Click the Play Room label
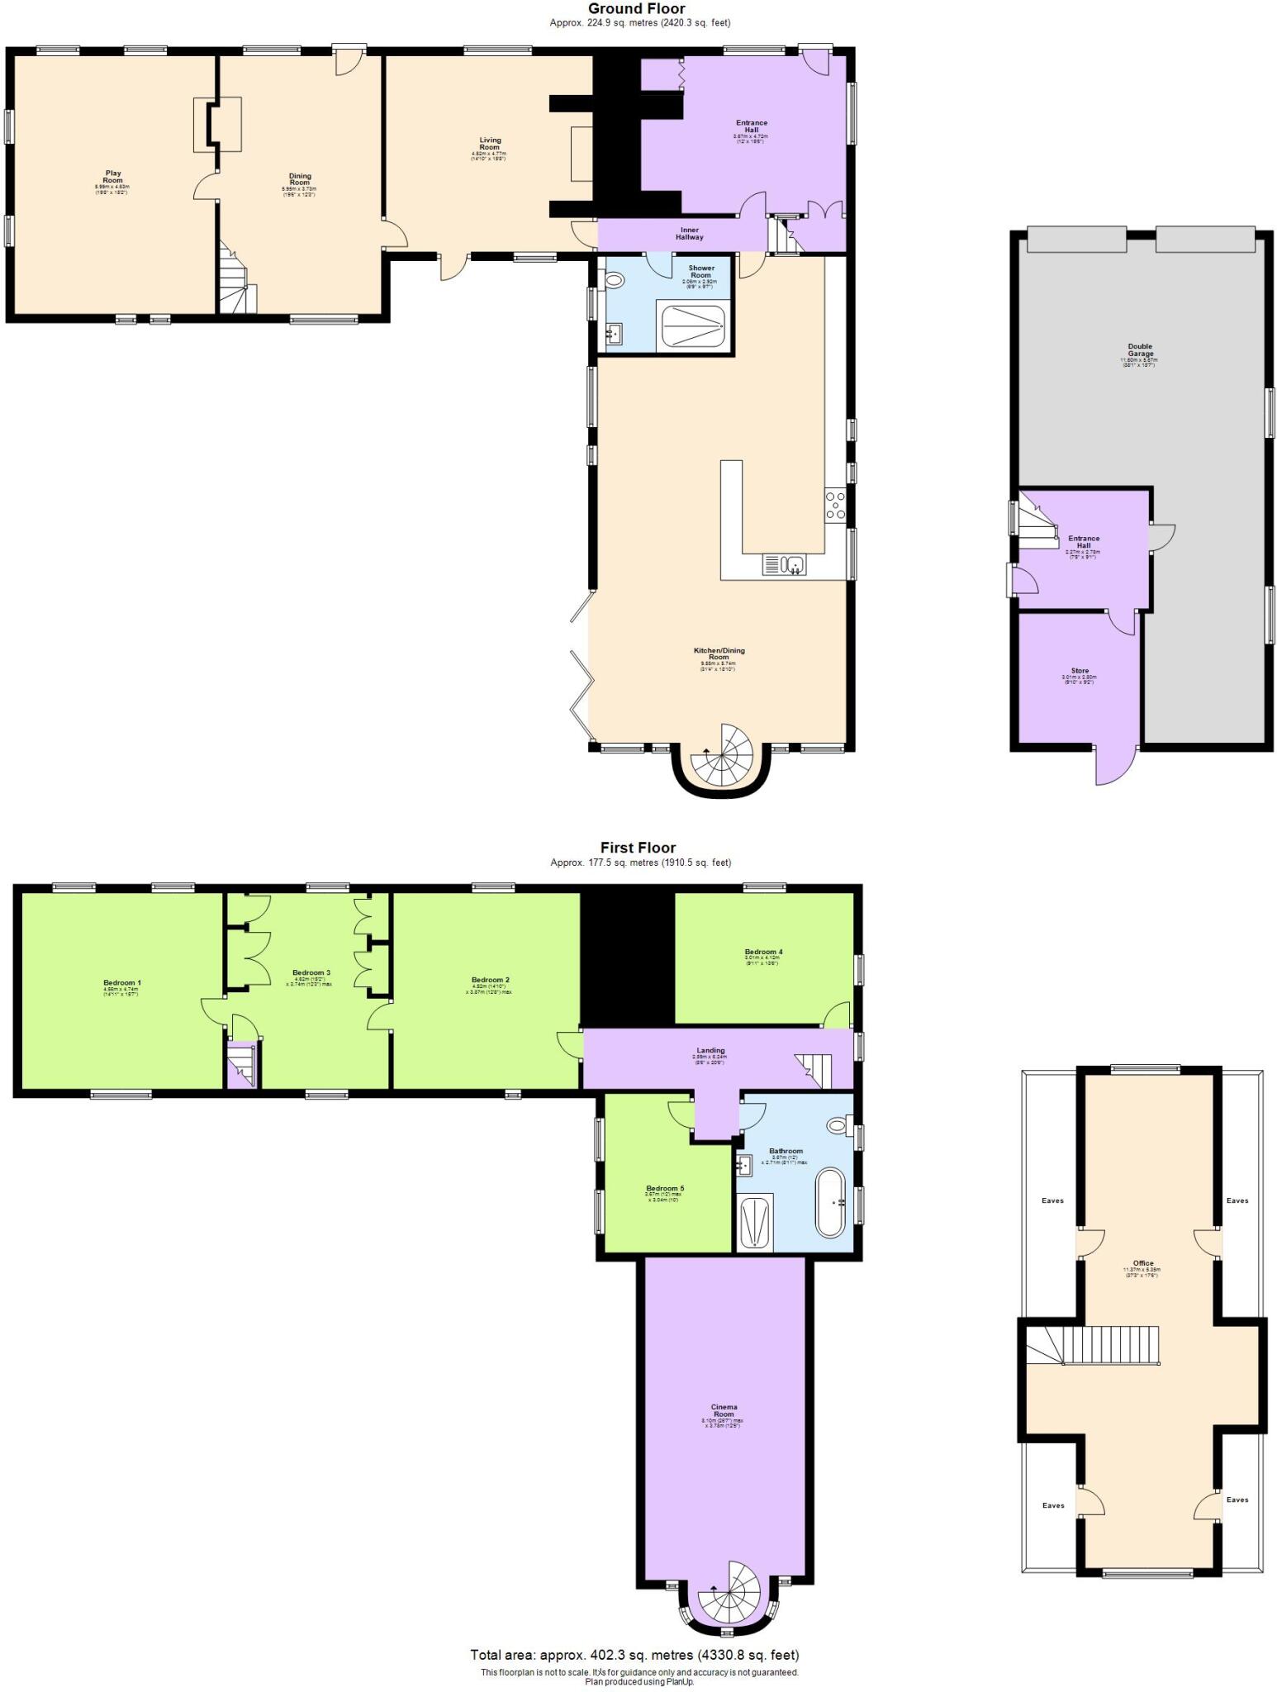coord(112,177)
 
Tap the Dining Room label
coord(300,179)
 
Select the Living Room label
coord(490,144)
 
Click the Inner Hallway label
coord(689,234)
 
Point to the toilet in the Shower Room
coord(613,280)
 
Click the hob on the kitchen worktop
coord(835,506)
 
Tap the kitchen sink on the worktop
coord(785,565)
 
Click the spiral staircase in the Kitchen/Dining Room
coord(723,756)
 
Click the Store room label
coord(1079,671)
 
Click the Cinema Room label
coord(724,1410)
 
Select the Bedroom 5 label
coord(664,1188)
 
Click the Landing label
coord(710,1051)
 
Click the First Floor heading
coord(638,848)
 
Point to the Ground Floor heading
coord(636,9)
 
